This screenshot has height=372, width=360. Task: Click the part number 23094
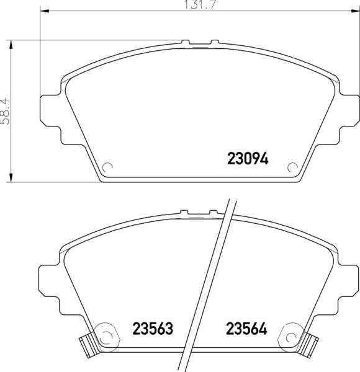pyautogui.click(x=248, y=158)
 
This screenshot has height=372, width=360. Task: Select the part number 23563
pyautogui.click(x=153, y=329)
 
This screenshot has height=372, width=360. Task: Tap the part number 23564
pyautogui.click(x=246, y=329)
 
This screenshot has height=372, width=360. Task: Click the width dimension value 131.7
pyautogui.click(x=200, y=5)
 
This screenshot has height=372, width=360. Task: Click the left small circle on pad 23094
pyautogui.click(x=107, y=168)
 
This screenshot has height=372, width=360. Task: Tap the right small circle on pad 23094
pyautogui.click(x=292, y=168)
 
